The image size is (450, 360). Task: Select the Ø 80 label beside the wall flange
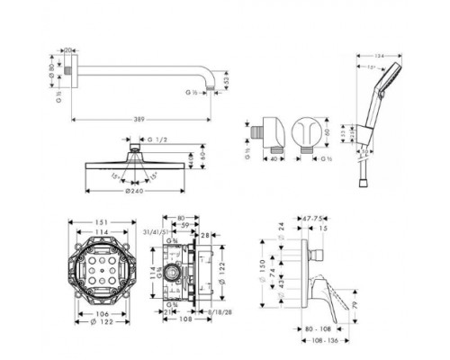point(52,68)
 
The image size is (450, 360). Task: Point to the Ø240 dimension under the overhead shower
point(133,191)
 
